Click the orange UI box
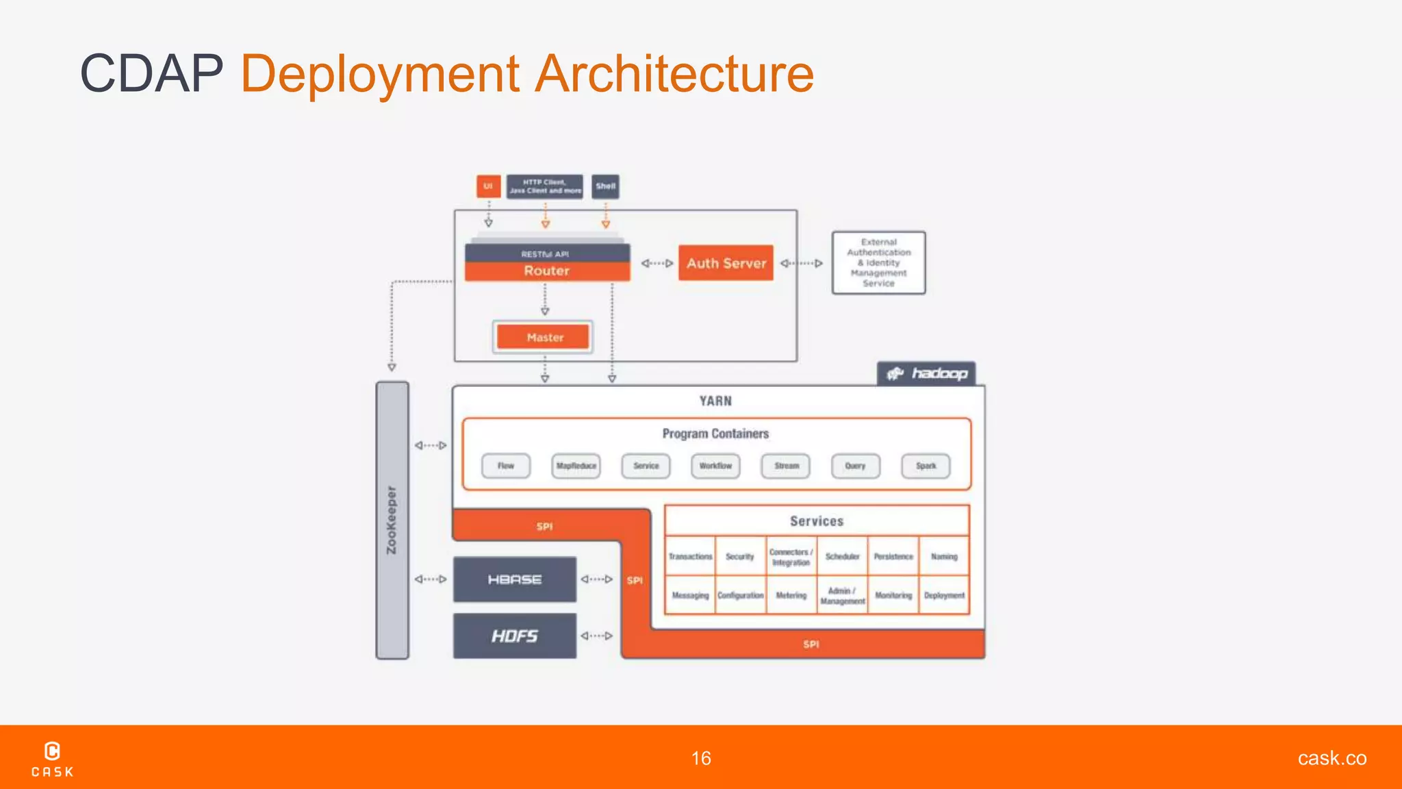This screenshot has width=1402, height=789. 488,186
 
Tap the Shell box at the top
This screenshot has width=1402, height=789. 605,186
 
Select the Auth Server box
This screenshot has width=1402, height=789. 726,263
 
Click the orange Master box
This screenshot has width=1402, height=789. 544,337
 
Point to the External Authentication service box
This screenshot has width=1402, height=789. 878,263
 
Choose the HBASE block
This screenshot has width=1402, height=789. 515,579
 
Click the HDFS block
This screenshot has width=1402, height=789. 515,636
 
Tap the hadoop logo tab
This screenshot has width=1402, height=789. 926,374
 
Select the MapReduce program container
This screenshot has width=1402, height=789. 576,466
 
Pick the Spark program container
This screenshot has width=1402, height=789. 926,466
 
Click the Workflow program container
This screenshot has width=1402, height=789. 715,466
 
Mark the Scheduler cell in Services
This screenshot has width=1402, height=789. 842,557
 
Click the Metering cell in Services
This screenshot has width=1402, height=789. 791,596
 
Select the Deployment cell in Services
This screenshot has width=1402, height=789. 944,596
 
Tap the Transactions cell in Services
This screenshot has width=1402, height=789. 690,557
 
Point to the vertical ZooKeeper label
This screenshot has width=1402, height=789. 392,521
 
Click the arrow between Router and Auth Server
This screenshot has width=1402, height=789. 657,263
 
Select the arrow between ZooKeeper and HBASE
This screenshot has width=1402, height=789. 431,579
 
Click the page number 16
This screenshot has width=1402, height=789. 701,758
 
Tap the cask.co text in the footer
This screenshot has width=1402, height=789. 1331,758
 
